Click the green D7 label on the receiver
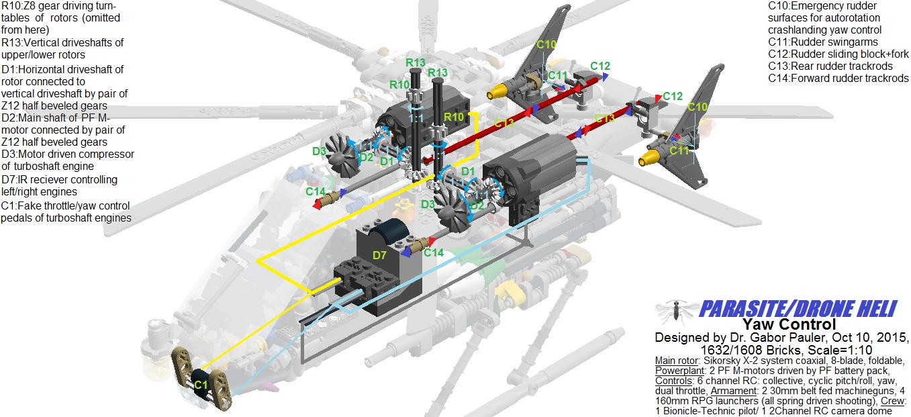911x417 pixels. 379,255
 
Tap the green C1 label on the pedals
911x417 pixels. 201,385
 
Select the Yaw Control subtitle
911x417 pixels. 789,324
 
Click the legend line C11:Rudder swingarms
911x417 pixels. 823,42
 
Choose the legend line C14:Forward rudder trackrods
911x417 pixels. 838,78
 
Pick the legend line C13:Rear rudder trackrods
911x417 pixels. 830,66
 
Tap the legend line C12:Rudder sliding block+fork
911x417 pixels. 838,54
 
